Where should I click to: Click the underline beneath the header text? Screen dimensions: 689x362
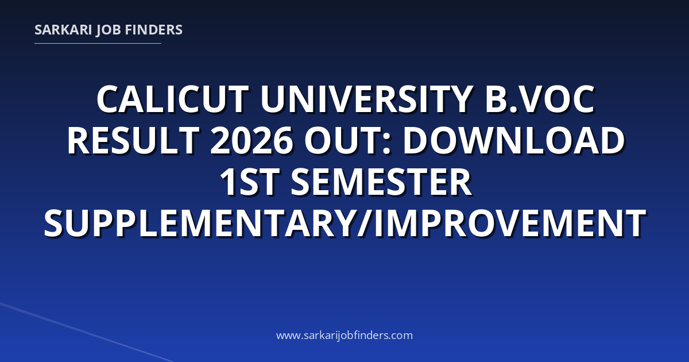click(x=98, y=44)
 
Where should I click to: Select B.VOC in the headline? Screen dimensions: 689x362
click(x=540, y=99)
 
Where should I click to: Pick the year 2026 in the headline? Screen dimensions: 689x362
click(x=251, y=140)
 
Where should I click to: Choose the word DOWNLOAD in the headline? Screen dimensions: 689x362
click(x=514, y=140)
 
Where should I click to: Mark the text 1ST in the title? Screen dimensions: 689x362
click(x=250, y=182)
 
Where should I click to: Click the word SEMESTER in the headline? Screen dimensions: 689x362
click(x=381, y=182)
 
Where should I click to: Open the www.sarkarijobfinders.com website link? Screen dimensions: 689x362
click(x=344, y=335)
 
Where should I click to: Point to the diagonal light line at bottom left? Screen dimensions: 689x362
click(x=87, y=332)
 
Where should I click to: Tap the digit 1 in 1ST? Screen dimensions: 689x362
click(x=229, y=182)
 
